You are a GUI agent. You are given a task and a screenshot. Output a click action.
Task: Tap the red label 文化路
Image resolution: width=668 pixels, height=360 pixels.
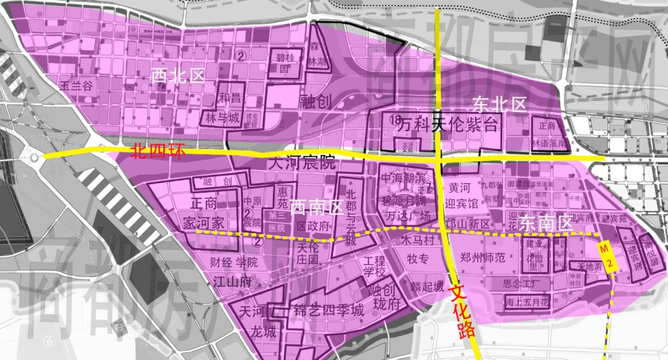[x=464, y=310]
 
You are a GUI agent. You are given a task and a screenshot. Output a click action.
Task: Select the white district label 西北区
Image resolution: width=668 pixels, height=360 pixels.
[x=178, y=76]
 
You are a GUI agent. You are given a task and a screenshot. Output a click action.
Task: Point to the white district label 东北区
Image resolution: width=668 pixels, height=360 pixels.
[x=499, y=104]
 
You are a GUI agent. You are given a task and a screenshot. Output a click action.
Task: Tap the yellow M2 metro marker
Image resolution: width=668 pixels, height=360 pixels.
[x=608, y=256]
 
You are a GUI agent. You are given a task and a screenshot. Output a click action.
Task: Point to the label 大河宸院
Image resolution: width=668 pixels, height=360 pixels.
[x=302, y=165]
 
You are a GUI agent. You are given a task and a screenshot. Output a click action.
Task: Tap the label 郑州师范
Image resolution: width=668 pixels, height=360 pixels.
[x=487, y=255]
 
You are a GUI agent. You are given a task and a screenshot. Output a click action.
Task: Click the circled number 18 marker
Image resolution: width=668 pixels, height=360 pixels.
[x=398, y=118]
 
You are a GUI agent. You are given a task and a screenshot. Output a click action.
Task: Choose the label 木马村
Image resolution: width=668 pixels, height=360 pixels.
[x=415, y=238]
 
